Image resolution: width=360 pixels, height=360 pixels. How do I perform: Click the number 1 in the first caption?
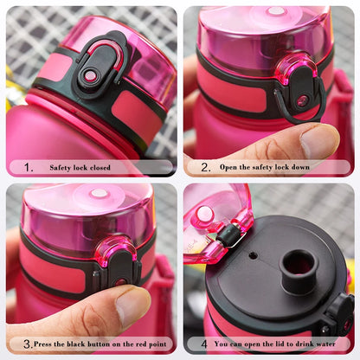29,168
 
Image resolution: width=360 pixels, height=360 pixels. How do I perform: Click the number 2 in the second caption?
205,167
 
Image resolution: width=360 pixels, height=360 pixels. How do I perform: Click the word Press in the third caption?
46,344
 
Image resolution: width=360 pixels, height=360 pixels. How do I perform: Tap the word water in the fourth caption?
324,344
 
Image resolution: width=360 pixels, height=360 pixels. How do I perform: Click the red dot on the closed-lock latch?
90,76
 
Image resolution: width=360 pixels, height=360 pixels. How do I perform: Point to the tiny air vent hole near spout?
252,255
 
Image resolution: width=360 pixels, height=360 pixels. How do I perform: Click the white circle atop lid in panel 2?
276,11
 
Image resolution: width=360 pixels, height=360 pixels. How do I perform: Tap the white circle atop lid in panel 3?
100,193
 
